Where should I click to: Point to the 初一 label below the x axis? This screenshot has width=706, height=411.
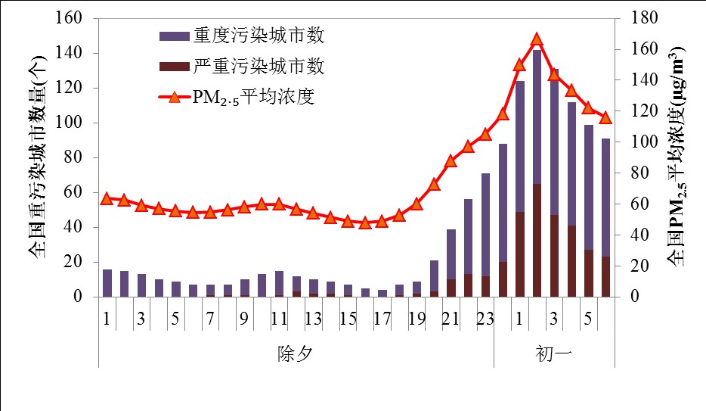click(555, 353)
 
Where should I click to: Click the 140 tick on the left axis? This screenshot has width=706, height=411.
click(76, 53)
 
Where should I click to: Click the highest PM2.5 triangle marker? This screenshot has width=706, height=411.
click(537, 40)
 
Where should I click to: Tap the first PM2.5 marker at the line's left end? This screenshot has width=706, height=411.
click(107, 198)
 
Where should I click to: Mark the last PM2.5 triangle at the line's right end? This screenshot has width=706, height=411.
click(605, 117)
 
